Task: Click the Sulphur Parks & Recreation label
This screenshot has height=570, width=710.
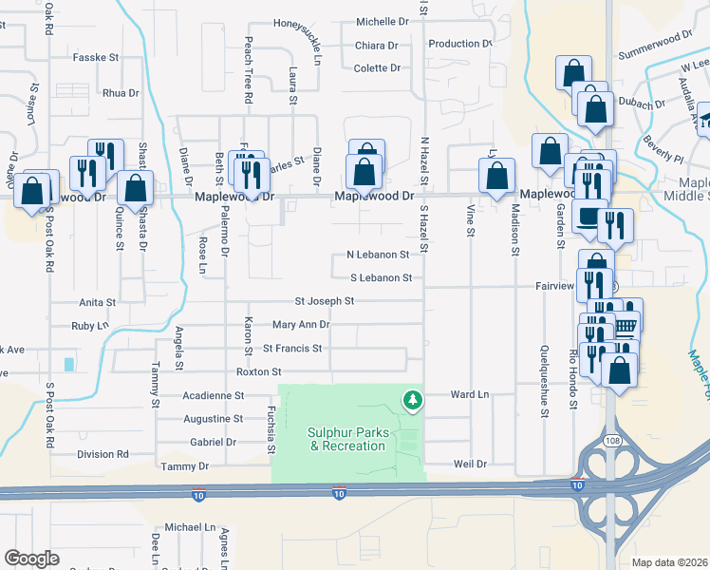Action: [348, 439]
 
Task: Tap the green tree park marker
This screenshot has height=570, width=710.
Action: [412, 401]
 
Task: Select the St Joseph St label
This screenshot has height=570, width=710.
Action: [324, 301]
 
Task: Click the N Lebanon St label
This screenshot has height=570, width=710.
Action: [377, 255]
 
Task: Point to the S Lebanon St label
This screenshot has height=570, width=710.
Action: [381, 278]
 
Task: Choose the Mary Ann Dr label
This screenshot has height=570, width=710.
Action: [300, 325]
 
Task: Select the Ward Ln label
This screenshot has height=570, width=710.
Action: [469, 393]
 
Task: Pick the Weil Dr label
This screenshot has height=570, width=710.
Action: [470, 465]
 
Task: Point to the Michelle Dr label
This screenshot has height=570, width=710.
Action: [382, 21]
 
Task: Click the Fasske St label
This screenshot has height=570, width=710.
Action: [95, 58]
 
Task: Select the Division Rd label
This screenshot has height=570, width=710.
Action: [103, 454]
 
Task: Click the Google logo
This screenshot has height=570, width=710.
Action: [31, 559]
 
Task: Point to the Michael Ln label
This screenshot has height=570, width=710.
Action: [190, 526]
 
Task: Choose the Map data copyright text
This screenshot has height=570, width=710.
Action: [669, 561]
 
